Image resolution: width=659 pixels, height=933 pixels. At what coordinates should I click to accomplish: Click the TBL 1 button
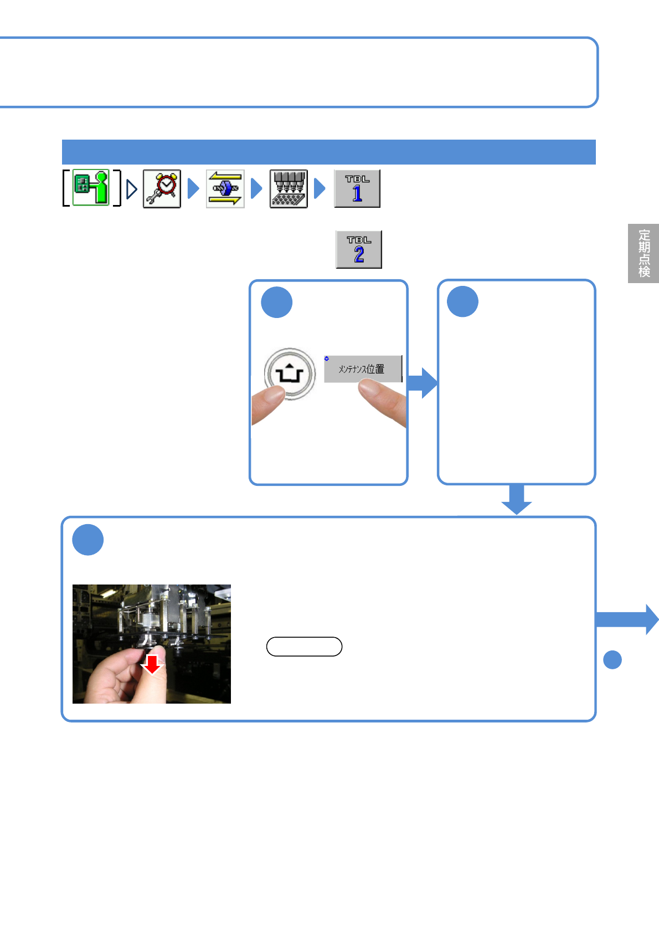click(x=357, y=189)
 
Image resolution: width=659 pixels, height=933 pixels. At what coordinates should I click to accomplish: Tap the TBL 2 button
click(x=359, y=250)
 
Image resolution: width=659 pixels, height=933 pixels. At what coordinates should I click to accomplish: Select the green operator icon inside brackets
click(x=91, y=188)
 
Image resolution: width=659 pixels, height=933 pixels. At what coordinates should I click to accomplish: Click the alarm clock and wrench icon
click(x=162, y=189)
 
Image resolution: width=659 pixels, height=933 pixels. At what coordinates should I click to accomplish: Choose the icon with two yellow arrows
click(x=225, y=189)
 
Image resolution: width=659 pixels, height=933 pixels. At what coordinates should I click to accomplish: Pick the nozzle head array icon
click(x=289, y=189)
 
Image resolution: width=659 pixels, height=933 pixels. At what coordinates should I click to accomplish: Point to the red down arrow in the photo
click(x=152, y=664)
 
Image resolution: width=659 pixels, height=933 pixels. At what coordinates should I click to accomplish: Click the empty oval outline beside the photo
click(x=304, y=647)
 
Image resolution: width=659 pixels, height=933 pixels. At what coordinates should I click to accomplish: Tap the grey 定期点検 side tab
click(x=643, y=253)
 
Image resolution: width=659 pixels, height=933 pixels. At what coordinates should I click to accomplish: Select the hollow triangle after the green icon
click(x=131, y=189)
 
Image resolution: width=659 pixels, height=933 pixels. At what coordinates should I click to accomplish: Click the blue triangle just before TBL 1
click(x=320, y=189)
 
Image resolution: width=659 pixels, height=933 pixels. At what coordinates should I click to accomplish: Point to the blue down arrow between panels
click(x=516, y=499)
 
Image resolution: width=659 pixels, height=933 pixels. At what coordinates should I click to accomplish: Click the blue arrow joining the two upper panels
click(x=423, y=383)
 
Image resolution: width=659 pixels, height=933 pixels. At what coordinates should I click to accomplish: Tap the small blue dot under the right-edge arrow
click(x=612, y=660)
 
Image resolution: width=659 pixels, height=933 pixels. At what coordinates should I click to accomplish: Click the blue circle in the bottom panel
click(x=88, y=540)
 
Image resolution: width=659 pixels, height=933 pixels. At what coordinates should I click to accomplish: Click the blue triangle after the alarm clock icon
click(x=193, y=189)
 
